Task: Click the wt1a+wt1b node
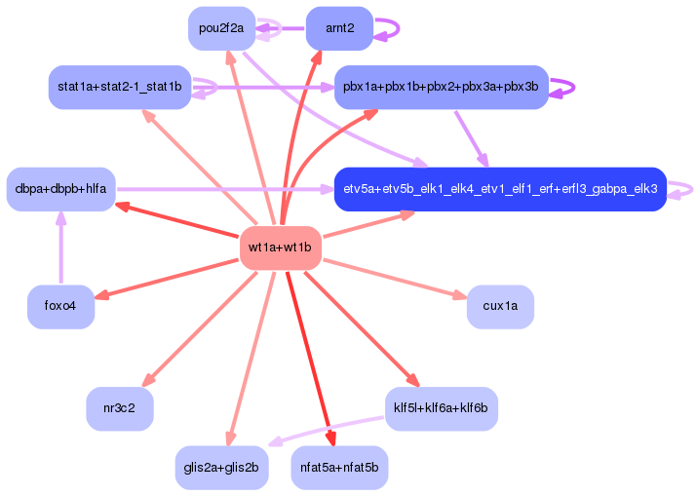coord(280,248)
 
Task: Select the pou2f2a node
coord(222,28)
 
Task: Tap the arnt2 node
coord(339,28)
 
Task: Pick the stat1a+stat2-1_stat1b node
coord(119,88)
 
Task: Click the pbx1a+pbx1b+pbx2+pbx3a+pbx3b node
coord(441,88)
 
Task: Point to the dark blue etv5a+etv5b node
coord(499,188)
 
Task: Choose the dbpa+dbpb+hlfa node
coord(60,188)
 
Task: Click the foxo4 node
coord(59,306)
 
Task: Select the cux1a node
coord(500,306)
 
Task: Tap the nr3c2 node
coord(120,408)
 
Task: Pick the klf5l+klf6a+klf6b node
coord(441,408)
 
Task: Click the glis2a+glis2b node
coord(222,467)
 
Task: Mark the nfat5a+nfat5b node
coord(339,467)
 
